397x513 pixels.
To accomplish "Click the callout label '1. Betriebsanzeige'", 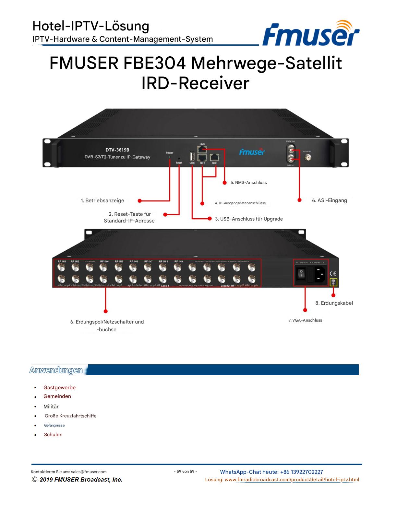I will point(102,200).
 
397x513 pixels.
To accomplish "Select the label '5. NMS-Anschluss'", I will point(248,183).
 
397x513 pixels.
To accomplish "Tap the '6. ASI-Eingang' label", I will point(329,200).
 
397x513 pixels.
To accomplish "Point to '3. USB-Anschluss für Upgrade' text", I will point(249,219).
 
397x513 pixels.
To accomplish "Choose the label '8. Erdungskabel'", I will point(334,303).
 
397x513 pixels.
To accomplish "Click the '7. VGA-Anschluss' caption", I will point(305,320).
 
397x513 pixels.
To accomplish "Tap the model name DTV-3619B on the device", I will point(117,150).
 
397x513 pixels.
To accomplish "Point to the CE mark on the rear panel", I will point(333,273).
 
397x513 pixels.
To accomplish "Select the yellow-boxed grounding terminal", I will point(333,282).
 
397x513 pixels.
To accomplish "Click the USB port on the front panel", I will point(192,156).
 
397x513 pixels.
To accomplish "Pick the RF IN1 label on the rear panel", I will point(62,261).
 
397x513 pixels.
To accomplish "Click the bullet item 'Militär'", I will point(51,406).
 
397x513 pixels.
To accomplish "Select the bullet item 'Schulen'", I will point(53,435).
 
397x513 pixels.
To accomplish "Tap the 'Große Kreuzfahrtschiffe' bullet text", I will point(70,416).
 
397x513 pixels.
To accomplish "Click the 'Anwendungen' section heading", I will point(56,370).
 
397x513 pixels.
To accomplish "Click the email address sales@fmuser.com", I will point(89,472).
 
